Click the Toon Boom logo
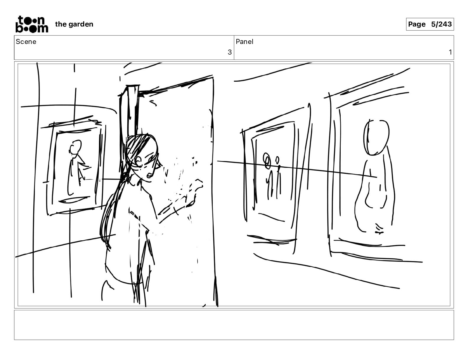tap(32, 24)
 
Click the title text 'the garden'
tap(74, 24)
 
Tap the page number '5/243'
tap(441, 24)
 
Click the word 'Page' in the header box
tap(417, 24)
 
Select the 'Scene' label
tap(26, 42)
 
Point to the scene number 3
tap(230, 52)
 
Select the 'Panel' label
tap(244, 42)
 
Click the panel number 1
tap(450, 52)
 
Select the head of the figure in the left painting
tap(75, 147)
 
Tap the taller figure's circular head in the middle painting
tap(266, 160)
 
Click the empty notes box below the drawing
tap(234, 325)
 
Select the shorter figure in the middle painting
tap(278, 178)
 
